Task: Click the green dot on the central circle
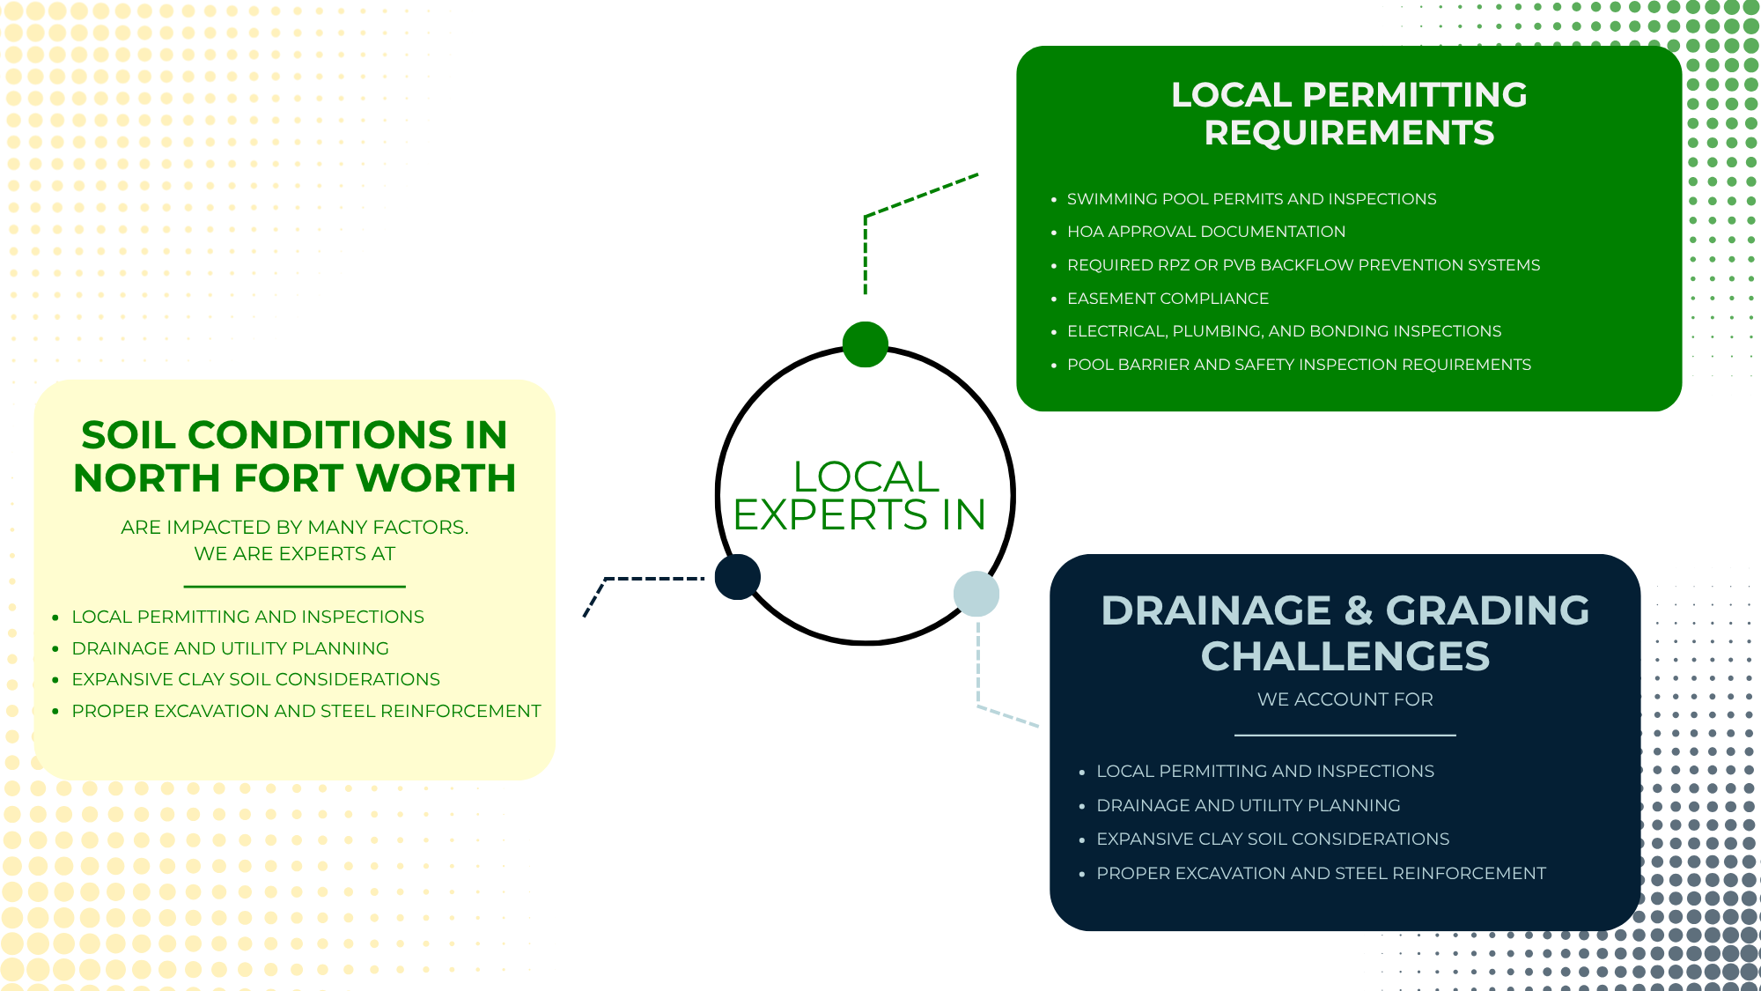point(865,344)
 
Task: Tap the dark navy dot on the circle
point(738,577)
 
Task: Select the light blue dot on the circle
point(976,594)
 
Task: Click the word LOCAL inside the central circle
point(866,477)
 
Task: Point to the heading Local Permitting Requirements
point(1349,114)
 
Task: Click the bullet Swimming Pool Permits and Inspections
point(1251,199)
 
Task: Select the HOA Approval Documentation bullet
point(1206,232)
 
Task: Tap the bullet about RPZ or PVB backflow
point(1303,265)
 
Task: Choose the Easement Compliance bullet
point(1168,299)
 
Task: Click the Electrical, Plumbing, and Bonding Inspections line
point(1284,331)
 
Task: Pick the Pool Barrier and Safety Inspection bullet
point(1299,365)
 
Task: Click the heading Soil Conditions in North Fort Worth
point(294,456)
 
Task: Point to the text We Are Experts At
point(294,554)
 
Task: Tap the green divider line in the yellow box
point(294,587)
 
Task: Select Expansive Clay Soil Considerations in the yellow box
point(255,679)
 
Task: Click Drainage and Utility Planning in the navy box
point(1248,805)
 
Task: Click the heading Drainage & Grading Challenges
point(1345,633)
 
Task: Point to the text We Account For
point(1345,699)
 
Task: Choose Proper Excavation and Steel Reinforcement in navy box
point(1321,873)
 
